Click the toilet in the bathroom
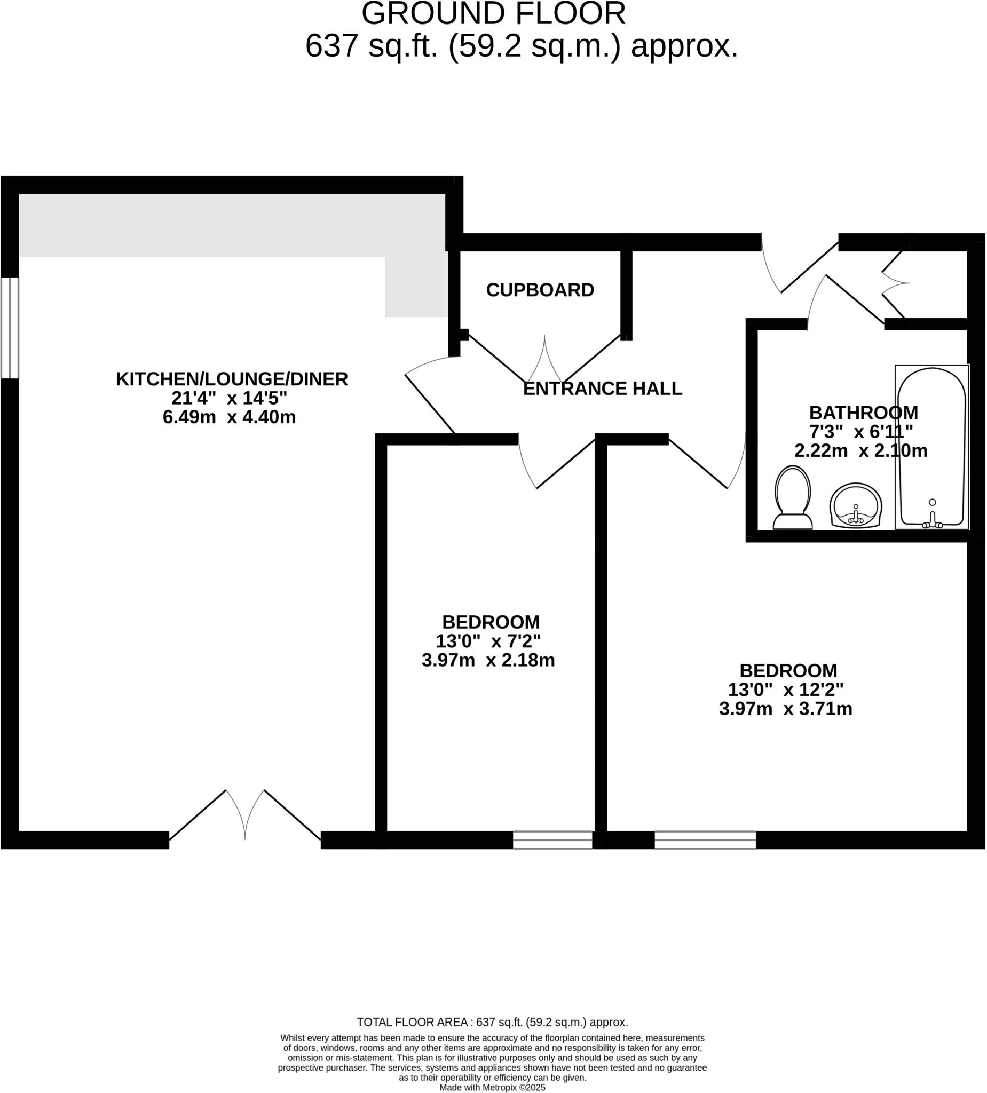tap(793, 500)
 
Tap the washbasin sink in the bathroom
tap(856, 506)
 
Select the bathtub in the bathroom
tap(932, 448)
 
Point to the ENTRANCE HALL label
tap(602, 389)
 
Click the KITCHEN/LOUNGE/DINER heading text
tap(232, 379)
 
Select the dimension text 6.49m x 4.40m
tap(230, 418)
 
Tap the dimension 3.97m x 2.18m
tap(488, 661)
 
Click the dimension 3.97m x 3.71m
tap(786, 709)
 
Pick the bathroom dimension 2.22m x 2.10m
tap(860, 451)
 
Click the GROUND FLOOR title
tap(493, 14)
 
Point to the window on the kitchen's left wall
tap(10, 328)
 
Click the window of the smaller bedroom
tap(552, 841)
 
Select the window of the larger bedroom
tap(705, 841)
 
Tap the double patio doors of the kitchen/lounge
tap(245, 819)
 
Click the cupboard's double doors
tap(544, 361)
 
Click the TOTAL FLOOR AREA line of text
tap(492, 1023)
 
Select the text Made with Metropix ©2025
tap(492, 1088)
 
